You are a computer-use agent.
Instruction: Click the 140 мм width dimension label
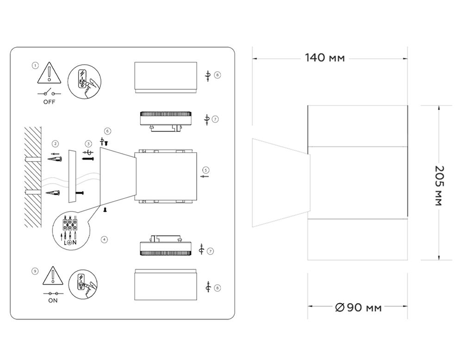325,57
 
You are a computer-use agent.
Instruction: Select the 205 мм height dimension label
440,186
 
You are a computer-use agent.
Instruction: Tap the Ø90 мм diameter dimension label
358,307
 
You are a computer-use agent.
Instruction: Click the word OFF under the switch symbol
50,102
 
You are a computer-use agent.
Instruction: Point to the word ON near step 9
53,300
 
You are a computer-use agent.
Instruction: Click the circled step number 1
35,65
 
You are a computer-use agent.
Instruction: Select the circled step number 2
55,144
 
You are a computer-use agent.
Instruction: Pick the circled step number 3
88,144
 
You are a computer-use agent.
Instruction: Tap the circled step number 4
104,239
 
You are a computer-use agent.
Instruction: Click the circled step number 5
206,170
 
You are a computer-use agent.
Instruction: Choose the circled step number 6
107,131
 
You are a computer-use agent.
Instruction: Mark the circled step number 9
35,271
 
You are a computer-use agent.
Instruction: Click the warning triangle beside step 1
50,73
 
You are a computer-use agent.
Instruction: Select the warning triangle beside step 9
53,276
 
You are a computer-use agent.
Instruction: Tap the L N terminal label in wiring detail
70,243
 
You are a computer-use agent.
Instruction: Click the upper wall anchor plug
55,159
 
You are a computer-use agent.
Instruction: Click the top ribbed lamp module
166,121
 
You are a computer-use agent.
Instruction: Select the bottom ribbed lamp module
166,246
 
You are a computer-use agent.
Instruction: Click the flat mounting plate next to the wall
72,176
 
